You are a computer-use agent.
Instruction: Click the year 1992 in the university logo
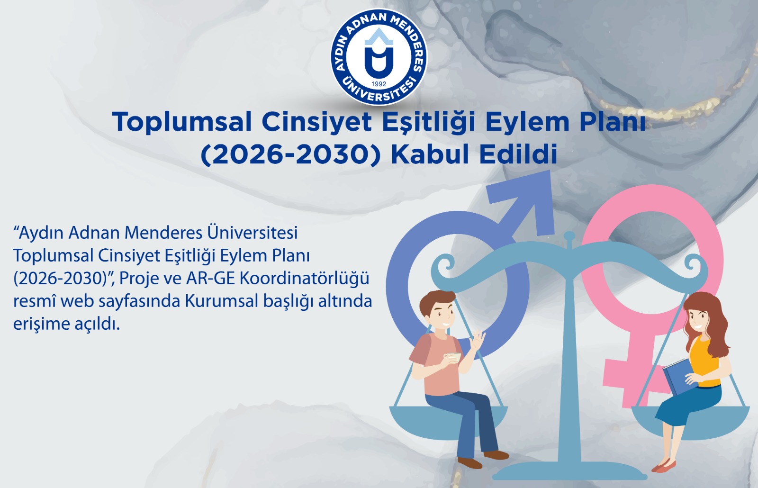point(379,84)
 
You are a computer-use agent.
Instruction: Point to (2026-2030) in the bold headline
point(291,155)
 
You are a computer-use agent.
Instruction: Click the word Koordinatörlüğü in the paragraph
point(305,279)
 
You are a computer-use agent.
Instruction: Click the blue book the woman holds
point(679,376)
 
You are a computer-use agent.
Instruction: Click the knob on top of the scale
point(569,235)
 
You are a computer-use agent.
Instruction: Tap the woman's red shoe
point(664,466)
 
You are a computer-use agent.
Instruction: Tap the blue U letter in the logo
point(379,62)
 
